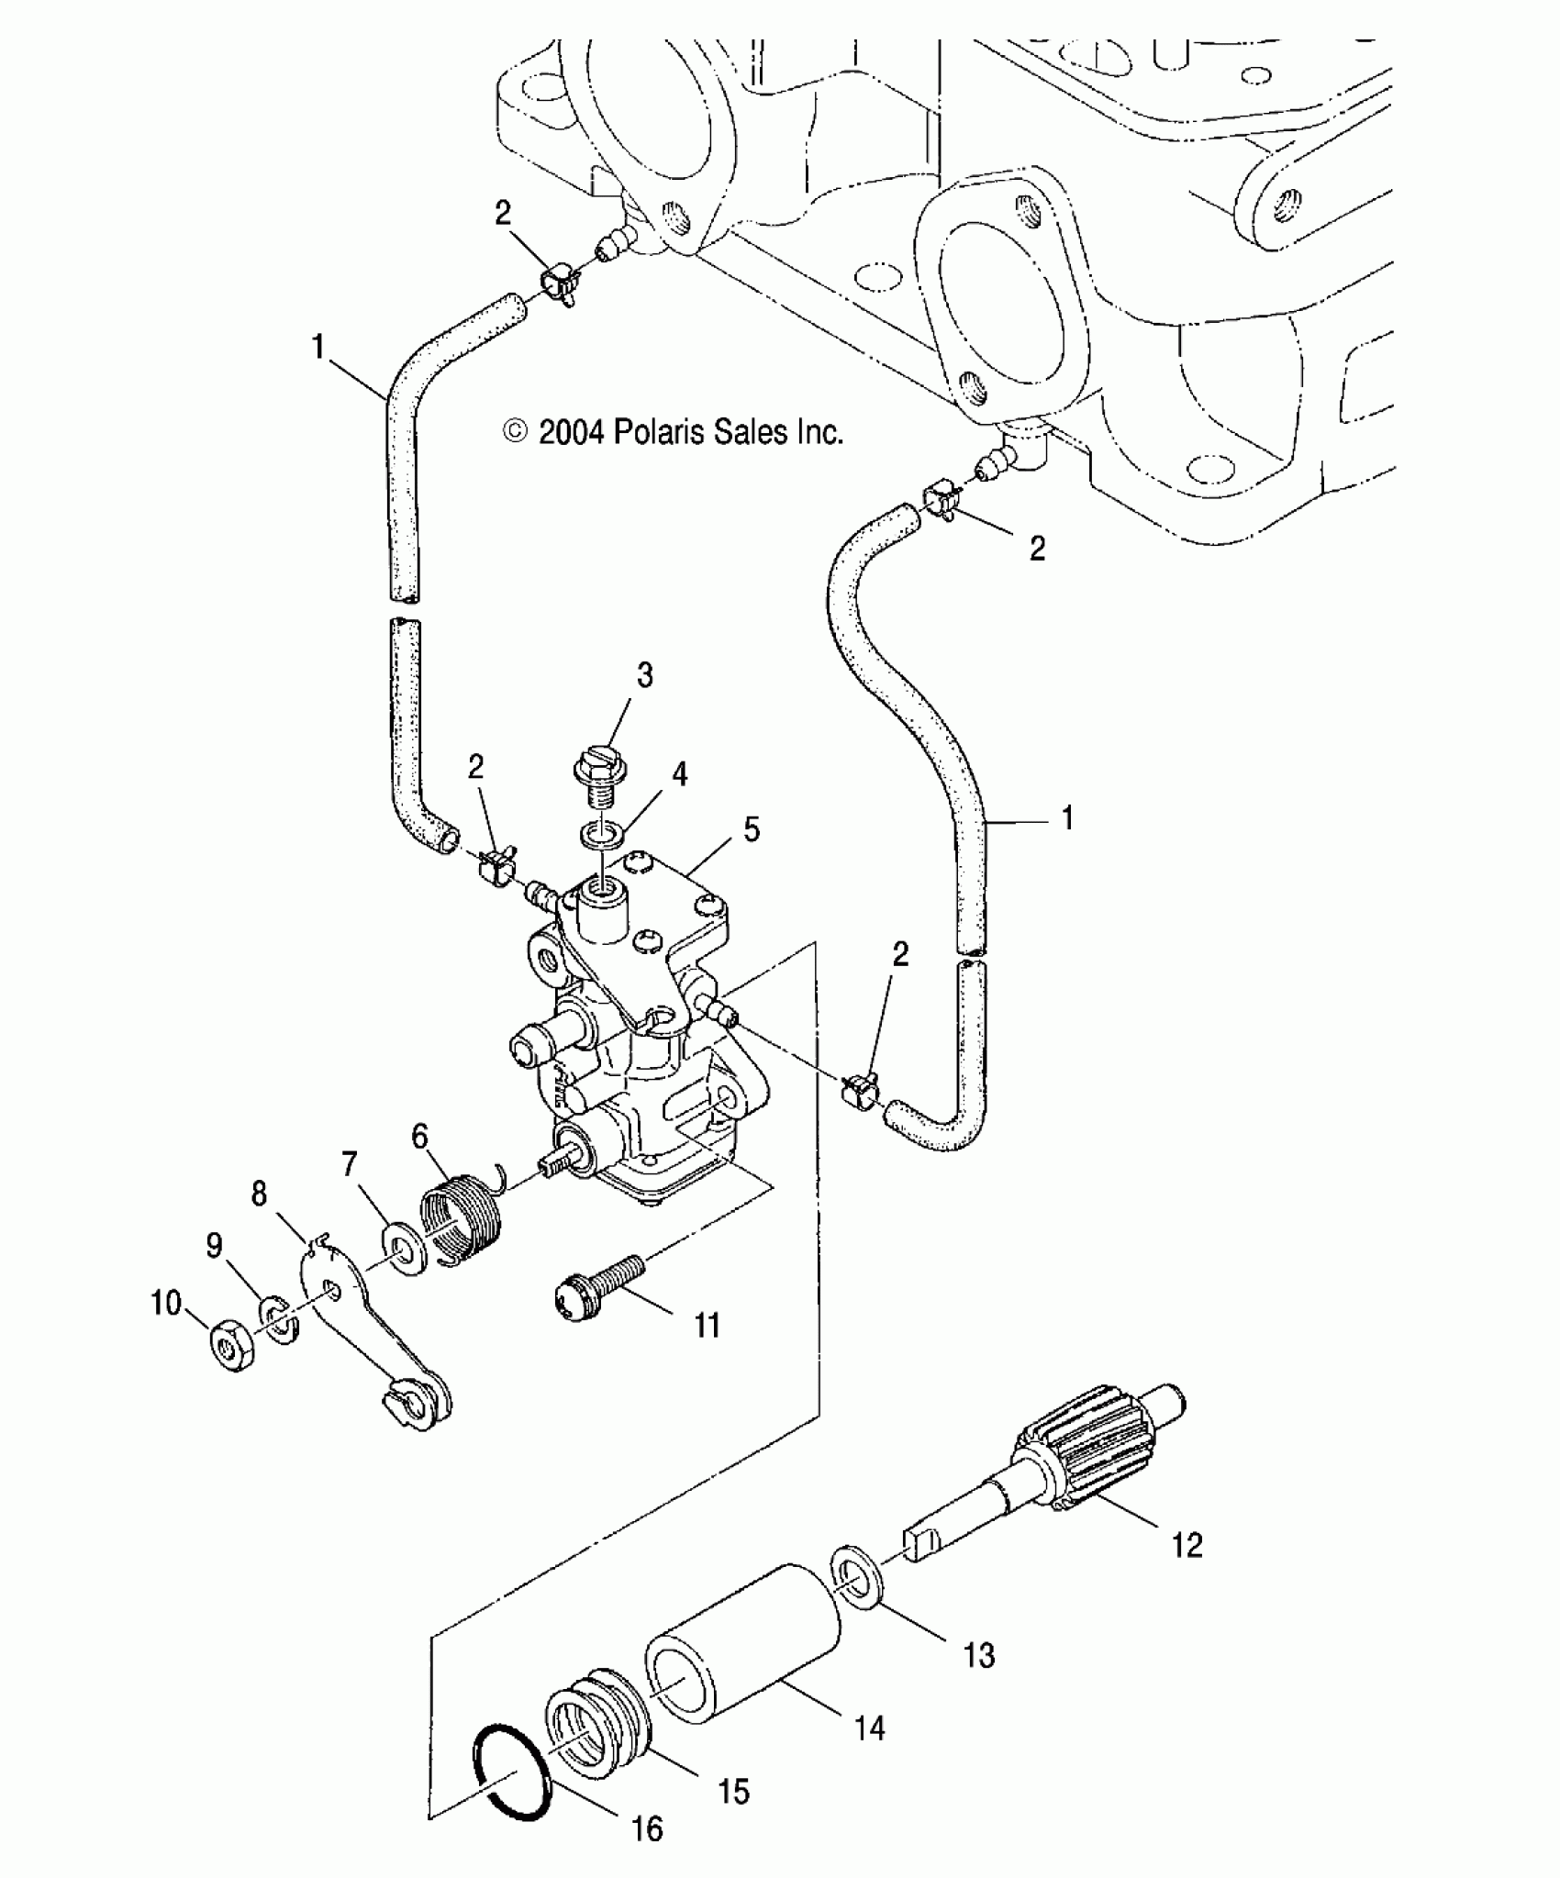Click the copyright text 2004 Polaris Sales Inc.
[674, 431]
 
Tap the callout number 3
[645, 675]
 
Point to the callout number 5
[752, 830]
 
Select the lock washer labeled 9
[278, 1319]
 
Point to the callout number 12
[1187, 1545]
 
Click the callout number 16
[648, 1828]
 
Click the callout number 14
[869, 1728]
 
